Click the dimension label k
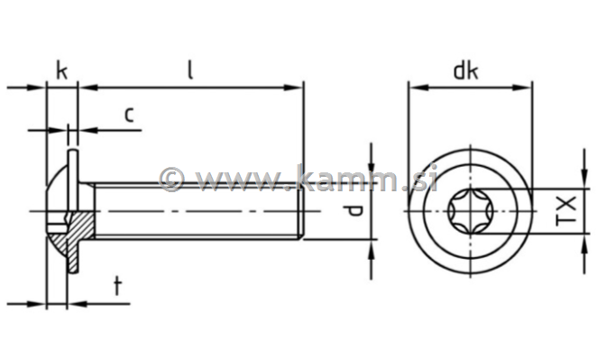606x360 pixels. click(61, 69)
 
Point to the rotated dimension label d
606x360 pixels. click(355, 212)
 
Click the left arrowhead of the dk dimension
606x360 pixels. click(418, 88)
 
